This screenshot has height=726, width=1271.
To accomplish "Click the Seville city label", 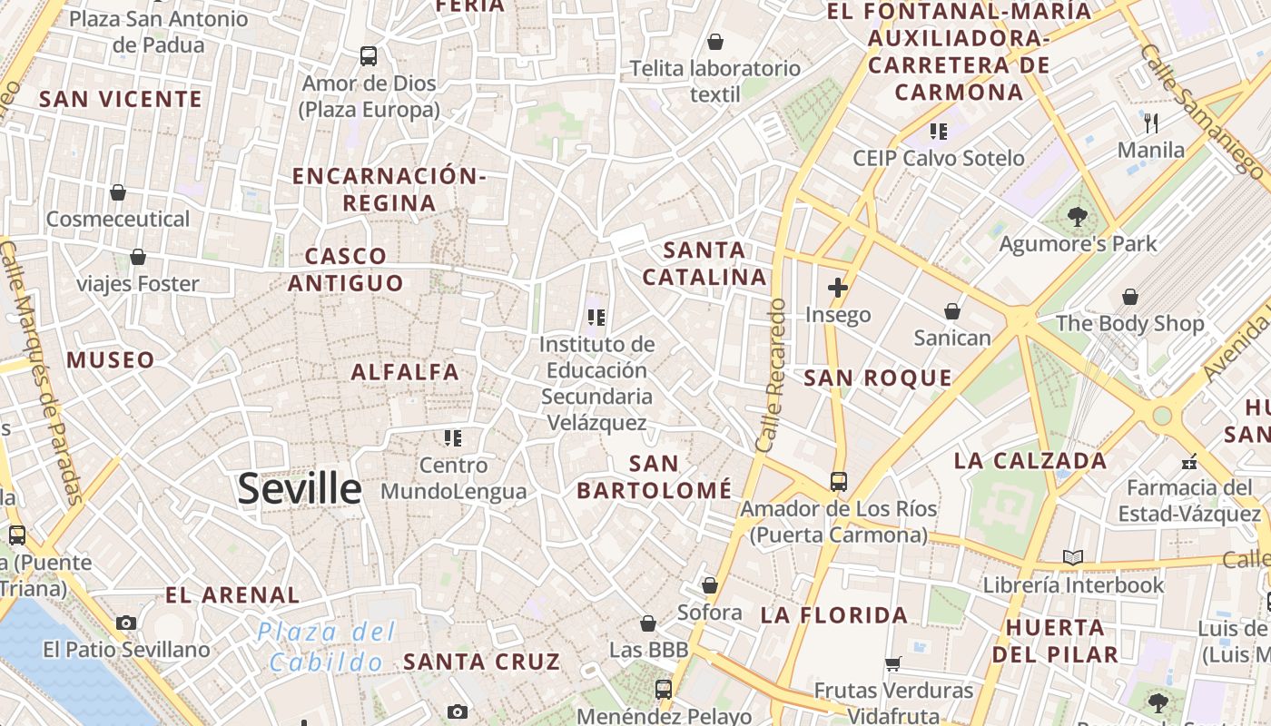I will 300,489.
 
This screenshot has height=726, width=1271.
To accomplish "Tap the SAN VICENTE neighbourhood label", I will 120,99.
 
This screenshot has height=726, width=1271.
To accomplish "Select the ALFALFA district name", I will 405,371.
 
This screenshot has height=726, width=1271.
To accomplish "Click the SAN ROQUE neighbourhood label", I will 878,378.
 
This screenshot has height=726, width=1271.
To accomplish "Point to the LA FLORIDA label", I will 834,615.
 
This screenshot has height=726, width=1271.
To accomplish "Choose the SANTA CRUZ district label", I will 481,662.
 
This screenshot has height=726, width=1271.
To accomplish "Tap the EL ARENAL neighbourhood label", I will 232,595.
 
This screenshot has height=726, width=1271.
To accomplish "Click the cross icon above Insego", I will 838,289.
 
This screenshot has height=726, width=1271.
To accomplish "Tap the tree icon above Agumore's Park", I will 1078,217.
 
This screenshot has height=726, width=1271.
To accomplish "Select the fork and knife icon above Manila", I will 1151,123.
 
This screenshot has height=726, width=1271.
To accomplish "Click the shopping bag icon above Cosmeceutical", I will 118,192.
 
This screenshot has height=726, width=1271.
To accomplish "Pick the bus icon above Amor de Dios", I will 369,56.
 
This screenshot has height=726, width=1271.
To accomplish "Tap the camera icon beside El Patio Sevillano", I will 126,623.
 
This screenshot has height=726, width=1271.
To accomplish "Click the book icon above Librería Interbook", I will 1073,557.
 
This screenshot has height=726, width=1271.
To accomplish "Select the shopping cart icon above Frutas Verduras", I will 893,663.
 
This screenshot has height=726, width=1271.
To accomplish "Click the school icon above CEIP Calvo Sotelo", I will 939,132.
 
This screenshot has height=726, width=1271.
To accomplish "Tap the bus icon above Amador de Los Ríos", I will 839,481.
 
